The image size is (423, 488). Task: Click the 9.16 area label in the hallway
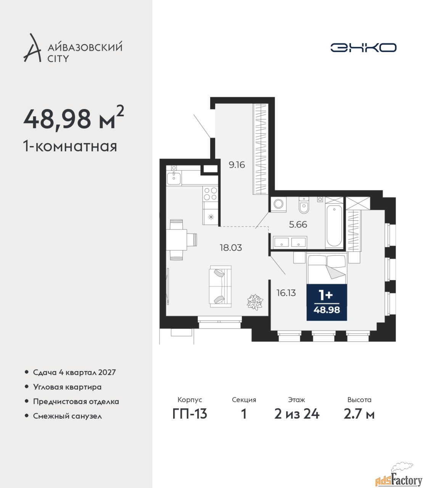point(236,165)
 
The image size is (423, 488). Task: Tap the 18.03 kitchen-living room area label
point(231,248)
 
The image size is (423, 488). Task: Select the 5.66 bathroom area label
point(298,224)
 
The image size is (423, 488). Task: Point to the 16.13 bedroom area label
point(286,293)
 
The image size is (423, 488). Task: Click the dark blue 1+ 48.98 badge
point(326,302)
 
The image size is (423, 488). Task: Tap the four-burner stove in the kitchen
point(210,194)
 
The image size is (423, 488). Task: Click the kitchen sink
point(174,179)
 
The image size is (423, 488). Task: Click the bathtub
point(334,226)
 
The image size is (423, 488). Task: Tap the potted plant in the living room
point(255,302)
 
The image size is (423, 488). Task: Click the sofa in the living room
point(220,286)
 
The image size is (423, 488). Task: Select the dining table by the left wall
point(177,239)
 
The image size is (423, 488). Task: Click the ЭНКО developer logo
point(363,47)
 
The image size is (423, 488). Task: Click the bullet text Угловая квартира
point(67,387)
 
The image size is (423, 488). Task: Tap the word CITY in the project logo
point(58,58)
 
